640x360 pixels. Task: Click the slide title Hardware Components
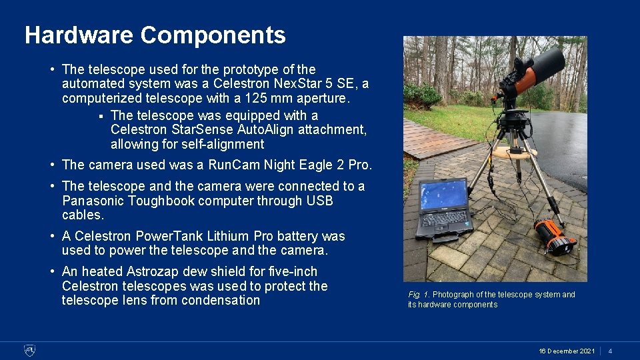click(155, 35)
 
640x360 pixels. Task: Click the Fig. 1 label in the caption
click(419, 295)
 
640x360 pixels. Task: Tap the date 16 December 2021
click(567, 351)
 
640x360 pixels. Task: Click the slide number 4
click(610, 351)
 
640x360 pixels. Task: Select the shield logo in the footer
click(29, 350)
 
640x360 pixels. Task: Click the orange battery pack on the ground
click(555, 236)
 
